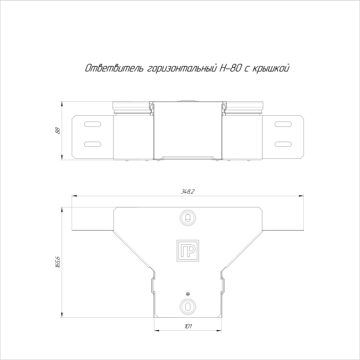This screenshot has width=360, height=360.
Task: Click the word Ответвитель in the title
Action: click(x=114, y=68)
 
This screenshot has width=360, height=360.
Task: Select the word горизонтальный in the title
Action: click(x=182, y=68)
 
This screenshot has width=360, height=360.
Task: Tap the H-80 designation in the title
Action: click(x=230, y=68)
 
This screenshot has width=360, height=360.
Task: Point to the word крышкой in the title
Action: click(x=271, y=68)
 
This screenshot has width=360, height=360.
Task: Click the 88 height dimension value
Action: click(x=58, y=130)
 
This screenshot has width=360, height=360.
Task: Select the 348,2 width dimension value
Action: click(x=187, y=192)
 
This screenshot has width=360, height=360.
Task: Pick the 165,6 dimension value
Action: click(x=58, y=262)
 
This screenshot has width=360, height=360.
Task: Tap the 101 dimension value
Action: click(x=188, y=326)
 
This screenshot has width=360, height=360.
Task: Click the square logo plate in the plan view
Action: click(x=188, y=251)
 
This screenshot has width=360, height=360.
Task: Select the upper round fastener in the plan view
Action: click(x=188, y=217)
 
